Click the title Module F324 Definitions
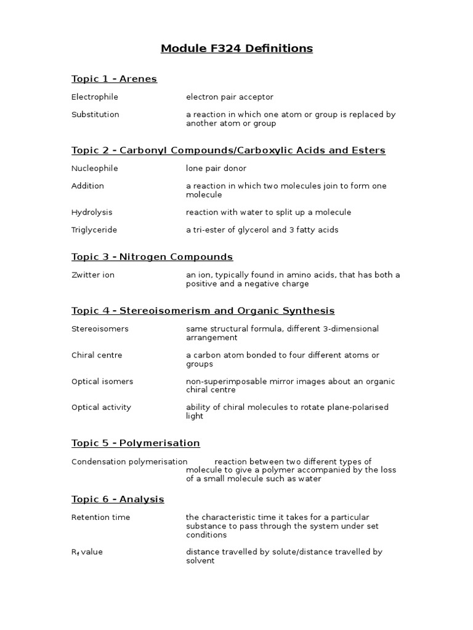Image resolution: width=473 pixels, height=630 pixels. [236, 49]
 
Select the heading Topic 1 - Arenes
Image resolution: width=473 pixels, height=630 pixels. [114, 79]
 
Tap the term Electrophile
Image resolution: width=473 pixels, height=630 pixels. [94, 97]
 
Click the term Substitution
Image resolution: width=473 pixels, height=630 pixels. [95, 114]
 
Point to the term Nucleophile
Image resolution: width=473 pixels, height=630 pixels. [94, 169]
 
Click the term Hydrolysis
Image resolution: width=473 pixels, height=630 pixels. [92, 212]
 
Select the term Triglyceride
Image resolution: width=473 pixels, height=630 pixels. [94, 230]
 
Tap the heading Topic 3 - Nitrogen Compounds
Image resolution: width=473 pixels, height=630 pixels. [152, 257]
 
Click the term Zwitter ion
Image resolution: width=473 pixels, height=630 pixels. [92, 275]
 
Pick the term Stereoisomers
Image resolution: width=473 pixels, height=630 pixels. [100, 329]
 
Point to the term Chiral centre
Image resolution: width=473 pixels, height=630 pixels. [97, 355]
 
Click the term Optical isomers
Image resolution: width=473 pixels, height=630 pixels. [102, 381]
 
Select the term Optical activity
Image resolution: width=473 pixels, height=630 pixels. [101, 407]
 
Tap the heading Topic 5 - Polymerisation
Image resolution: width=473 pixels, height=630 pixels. [135, 443]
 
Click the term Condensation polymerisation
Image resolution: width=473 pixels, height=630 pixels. [129, 461]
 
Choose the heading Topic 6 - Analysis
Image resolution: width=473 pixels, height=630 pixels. [118, 499]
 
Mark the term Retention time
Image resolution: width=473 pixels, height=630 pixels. [100, 517]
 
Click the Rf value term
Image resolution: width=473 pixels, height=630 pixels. [87, 552]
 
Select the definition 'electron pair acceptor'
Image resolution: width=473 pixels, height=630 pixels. [229, 97]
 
